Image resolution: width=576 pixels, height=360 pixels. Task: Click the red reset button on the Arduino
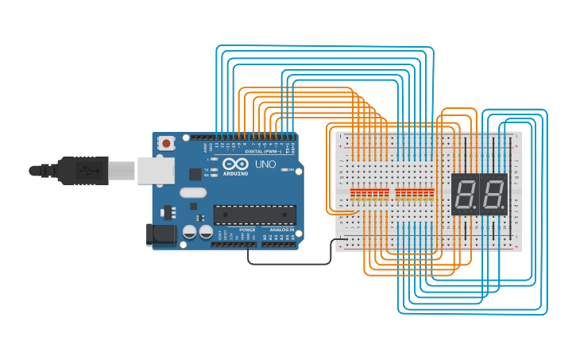166,144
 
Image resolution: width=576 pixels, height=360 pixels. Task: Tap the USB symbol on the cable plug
89,170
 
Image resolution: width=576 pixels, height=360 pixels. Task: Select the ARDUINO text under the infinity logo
235,172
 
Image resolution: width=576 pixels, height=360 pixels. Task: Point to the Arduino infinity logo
235,163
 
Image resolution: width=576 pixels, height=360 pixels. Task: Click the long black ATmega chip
254,214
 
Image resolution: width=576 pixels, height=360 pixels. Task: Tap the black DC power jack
160,235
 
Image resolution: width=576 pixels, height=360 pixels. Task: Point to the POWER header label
247,229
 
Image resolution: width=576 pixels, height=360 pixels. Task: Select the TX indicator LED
215,169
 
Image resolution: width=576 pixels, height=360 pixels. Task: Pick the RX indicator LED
215,175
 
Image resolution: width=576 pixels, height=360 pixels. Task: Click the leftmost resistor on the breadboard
353,194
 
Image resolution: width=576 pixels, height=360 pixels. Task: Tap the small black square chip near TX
195,173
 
